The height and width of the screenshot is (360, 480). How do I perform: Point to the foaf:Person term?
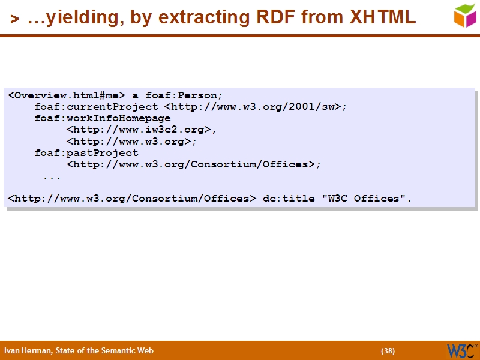point(184,95)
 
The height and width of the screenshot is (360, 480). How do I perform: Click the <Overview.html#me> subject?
point(67,95)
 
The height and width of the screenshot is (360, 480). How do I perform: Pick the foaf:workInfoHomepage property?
point(103,118)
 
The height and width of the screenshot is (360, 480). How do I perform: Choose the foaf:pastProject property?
point(86,153)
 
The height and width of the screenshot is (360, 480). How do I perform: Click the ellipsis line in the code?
point(52,176)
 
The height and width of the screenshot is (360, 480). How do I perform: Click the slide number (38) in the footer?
point(388,351)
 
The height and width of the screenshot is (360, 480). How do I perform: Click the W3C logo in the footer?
point(462,350)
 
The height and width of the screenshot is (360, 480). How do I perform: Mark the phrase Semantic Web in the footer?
point(131,351)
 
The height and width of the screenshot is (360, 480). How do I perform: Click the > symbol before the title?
point(15,19)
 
